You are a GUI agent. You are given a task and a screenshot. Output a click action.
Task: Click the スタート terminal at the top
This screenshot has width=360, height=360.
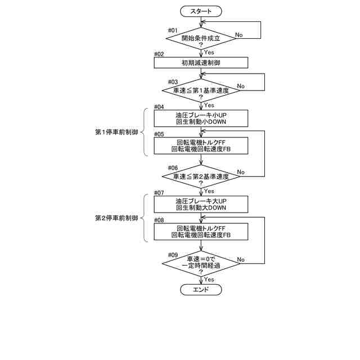point(201,11)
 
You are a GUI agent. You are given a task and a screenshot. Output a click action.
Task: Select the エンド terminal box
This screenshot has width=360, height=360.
point(201,290)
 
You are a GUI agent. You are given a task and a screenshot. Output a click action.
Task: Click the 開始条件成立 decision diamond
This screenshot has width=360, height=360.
point(201,38)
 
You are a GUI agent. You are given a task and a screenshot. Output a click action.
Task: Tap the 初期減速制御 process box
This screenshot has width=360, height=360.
point(201,62)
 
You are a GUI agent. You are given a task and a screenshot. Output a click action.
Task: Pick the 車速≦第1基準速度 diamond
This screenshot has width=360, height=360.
point(201,90)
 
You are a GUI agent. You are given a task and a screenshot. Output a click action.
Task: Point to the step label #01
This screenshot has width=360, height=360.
point(173,29)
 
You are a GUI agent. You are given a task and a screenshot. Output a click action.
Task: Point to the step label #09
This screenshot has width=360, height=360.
point(173,254)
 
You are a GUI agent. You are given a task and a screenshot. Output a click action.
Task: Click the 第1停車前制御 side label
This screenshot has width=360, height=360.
point(116,132)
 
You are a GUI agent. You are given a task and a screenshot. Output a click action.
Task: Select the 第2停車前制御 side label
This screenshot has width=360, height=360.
point(116,218)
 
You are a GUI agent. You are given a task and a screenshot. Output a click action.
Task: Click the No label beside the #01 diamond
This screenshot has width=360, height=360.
point(238,35)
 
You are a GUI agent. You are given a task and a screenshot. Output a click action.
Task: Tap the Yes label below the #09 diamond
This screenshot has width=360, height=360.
point(209,279)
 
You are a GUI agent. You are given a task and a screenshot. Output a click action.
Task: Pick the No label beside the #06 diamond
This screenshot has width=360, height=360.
point(241,172)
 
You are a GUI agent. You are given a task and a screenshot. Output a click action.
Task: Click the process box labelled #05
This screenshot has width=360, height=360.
point(201,146)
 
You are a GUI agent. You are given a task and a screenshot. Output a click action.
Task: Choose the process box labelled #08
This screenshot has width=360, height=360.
point(201,232)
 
